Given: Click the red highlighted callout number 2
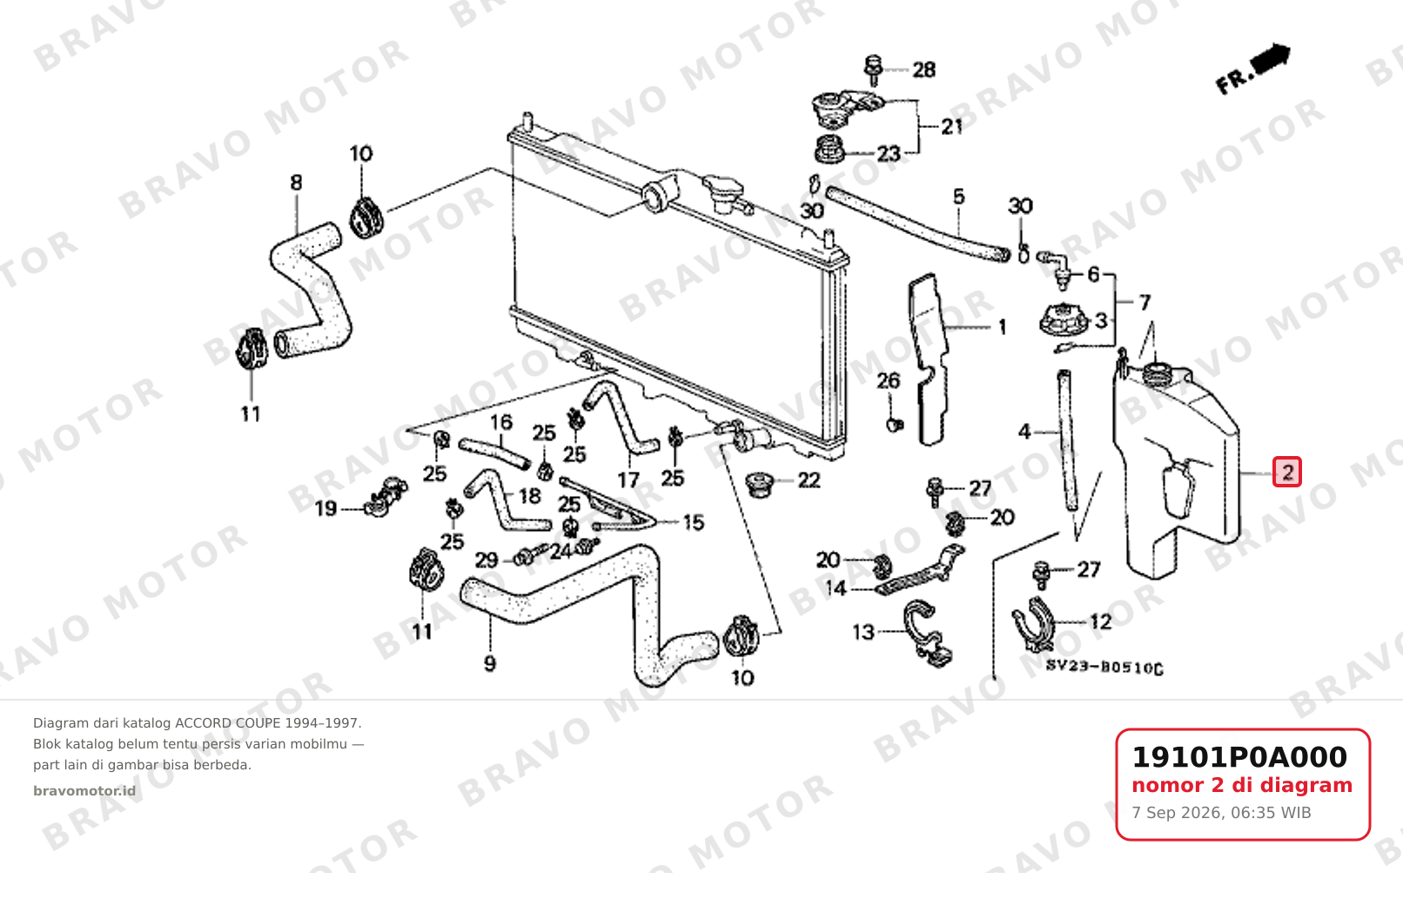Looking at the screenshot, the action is [1287, 472].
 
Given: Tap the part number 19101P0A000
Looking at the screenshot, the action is [1239, 757].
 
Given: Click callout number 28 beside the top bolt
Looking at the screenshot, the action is [923, 70].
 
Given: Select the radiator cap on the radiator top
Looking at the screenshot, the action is [722, 191].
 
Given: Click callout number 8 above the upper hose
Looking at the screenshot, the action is [296, 183].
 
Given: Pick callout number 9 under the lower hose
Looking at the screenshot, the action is [490, 664].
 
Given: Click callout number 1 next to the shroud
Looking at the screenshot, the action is [1002, 327].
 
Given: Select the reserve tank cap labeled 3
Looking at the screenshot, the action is [1063, 319].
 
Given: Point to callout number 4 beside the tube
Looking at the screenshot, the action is [1024, 432].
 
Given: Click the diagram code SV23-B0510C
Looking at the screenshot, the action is [1104, 668].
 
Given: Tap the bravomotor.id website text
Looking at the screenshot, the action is [84, 791].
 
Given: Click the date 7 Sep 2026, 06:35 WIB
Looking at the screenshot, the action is [1221, 813].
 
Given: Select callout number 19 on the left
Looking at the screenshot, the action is [326, 508].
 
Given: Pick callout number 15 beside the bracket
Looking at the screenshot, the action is [694, 522].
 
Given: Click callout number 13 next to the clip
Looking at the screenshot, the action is [863, 633].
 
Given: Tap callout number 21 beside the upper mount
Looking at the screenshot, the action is [952, 127].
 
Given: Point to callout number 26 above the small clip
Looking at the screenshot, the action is [888, 380].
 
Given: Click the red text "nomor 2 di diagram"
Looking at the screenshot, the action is [1242, 786].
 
